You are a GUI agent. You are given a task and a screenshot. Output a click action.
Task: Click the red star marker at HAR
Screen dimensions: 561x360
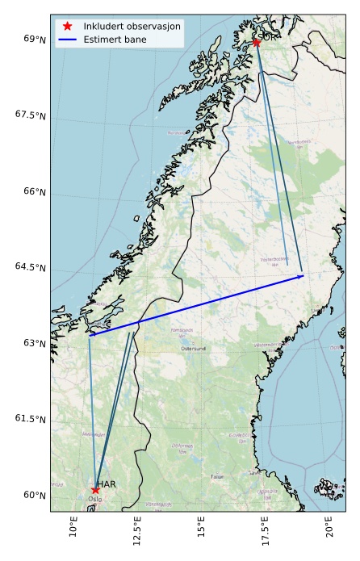click(x=95, y=490)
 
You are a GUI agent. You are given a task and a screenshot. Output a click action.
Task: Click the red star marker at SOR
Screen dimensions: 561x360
click(x=256, y=42)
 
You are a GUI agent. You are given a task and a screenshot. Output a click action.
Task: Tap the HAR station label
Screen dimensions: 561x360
click(x=107, y=484)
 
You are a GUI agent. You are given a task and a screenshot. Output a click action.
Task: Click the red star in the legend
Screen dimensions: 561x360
click(x=68, y=27)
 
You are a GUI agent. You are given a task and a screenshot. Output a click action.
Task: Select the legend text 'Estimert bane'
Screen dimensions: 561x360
click(x=111, y=39)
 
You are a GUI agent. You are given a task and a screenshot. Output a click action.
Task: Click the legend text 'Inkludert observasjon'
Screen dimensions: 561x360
click(x=132, y=27)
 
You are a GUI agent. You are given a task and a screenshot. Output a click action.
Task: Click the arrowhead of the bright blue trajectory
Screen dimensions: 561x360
click(x=301, y=277)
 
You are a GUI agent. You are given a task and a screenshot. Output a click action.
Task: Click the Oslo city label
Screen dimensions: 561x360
click(x=95, y=499)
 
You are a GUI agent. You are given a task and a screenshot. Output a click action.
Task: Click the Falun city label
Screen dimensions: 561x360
click(x=217, y=477)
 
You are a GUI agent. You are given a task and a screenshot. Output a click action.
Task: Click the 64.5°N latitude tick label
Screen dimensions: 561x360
click(x=31, y=267)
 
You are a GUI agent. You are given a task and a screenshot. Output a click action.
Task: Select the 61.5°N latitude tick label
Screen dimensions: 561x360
click(x=31, y=418)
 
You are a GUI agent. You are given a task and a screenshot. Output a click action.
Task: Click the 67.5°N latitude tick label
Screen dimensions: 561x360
click(x=31, y=115)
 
